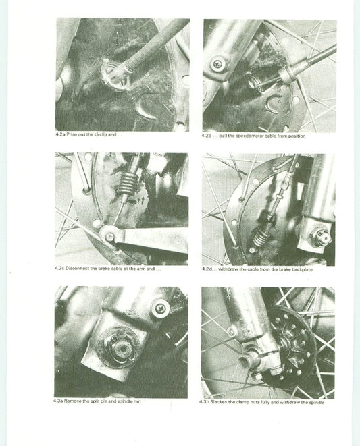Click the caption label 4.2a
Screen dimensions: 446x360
coord(61,134)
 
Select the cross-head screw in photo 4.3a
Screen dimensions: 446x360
coord(160,308)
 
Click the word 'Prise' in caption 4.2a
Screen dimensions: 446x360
coord(73,134)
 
